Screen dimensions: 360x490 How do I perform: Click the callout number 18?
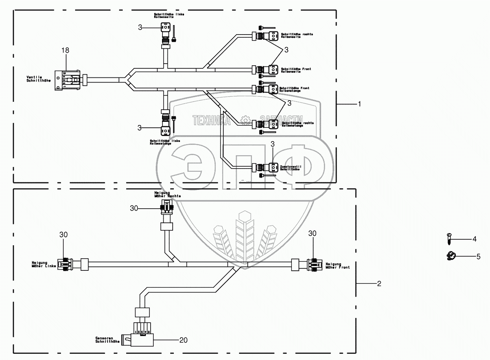click(65, 50)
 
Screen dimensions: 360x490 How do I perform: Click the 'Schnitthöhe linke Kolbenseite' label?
click(169, 16)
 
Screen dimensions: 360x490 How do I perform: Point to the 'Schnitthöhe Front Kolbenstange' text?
click(294, 89)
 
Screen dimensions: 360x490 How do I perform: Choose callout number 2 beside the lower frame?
click(379, 283)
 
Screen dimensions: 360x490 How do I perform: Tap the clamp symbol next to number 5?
click(451, 256)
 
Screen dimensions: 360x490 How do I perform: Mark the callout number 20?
click(184, 340)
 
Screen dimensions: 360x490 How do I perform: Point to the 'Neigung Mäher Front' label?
click(337, 265)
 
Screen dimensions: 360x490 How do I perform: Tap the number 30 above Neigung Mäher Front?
click(313, 233)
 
